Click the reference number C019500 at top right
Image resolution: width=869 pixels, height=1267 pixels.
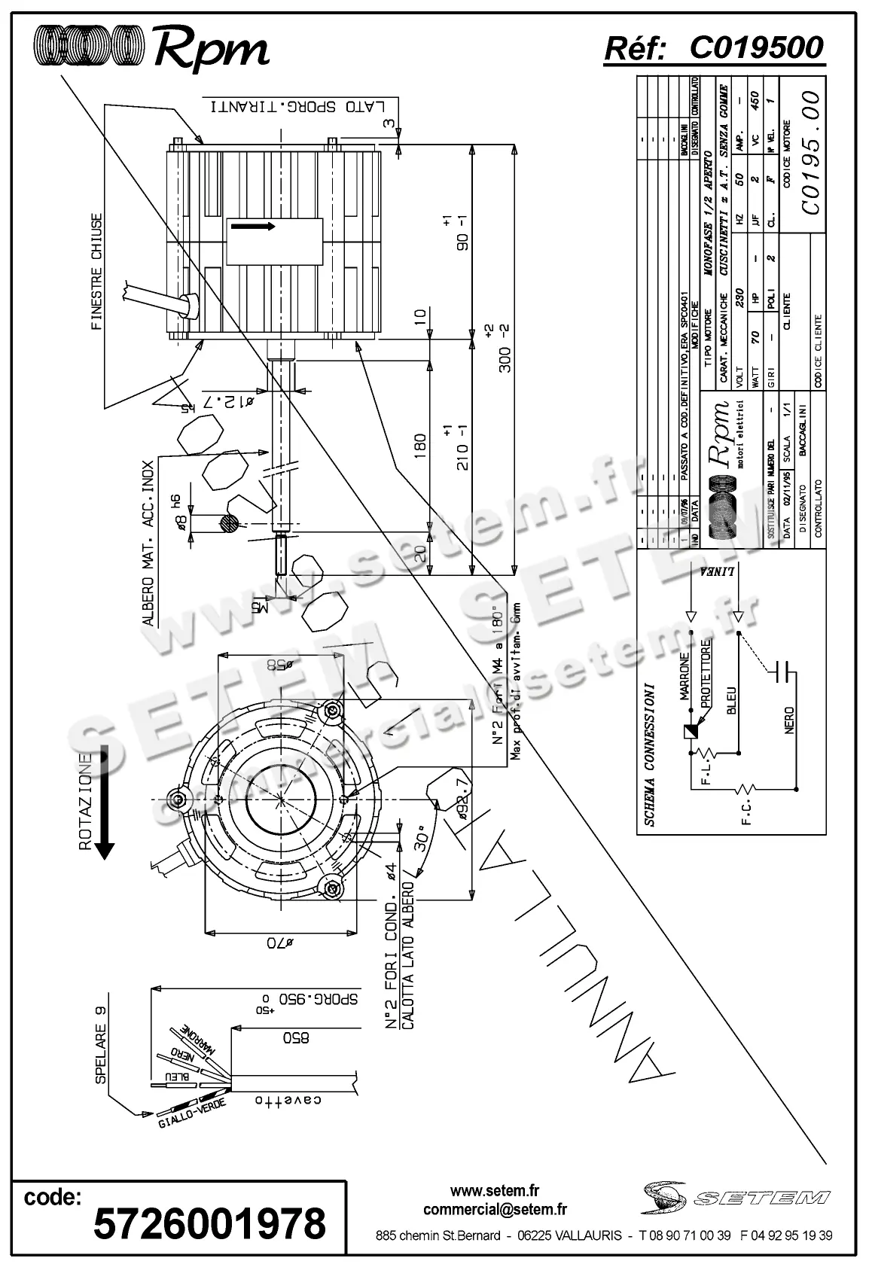[x=756, y=48]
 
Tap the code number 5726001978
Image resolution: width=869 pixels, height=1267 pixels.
[x=209, y=1223]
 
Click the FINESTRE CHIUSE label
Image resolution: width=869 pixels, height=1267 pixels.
[x=96, y=272]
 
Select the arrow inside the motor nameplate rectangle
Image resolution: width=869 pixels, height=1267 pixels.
[x=252, y=227]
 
